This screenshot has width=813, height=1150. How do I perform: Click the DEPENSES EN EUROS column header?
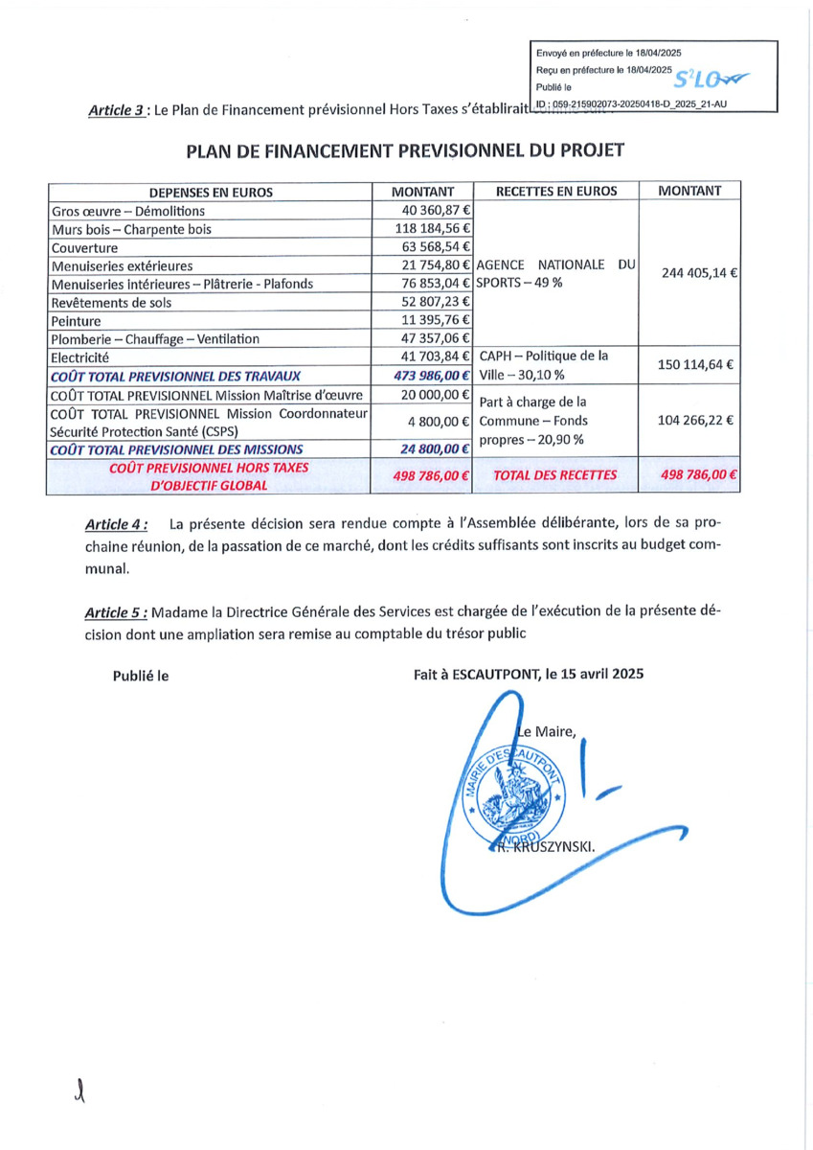211,192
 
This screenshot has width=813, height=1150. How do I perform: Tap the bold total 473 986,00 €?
432,375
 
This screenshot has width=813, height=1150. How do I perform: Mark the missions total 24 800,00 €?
436,448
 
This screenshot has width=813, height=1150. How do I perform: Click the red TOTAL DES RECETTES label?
555,474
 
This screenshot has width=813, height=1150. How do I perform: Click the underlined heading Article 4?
117,524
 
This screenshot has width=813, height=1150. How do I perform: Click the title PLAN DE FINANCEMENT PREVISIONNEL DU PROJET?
405,151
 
